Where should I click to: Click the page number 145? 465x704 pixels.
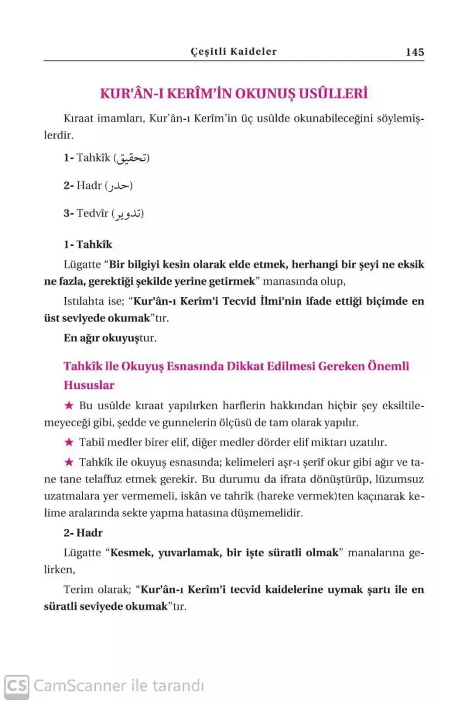pos(415,52)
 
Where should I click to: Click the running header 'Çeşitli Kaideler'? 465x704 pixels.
pos(234,51)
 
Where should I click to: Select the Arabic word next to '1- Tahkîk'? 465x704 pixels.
pos(133,158)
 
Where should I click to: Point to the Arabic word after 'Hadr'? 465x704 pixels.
pos(119,186)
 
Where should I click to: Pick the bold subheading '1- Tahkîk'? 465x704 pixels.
pos(88,245)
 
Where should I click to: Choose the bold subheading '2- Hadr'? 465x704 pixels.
pos(83,533)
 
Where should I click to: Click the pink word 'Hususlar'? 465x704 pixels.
pos(89,385)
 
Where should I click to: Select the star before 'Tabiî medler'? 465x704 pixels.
pos(69,442)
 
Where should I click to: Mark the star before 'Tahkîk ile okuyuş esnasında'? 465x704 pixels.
pos(69,462)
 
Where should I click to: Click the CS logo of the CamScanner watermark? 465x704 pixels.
pos(16,686)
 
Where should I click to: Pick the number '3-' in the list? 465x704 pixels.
pos(69,214)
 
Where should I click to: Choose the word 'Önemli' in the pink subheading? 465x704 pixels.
pos(387,366)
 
